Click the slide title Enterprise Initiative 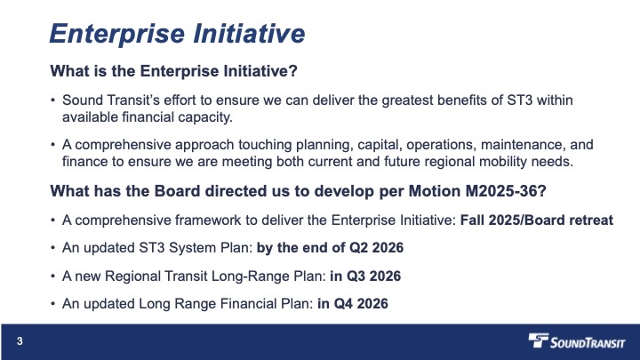[177, 33]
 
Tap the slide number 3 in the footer [20, 341]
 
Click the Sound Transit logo [576, 340]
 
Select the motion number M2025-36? [506, 191]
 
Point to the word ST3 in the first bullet [520, 100]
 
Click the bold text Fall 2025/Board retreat [537, 220]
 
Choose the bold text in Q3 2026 [365, 276]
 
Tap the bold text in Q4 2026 [353, 304]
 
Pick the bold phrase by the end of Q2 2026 [330, 248]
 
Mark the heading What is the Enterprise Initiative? [174, 71]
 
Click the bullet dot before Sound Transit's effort [53, 100]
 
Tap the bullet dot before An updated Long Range [53, 304]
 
